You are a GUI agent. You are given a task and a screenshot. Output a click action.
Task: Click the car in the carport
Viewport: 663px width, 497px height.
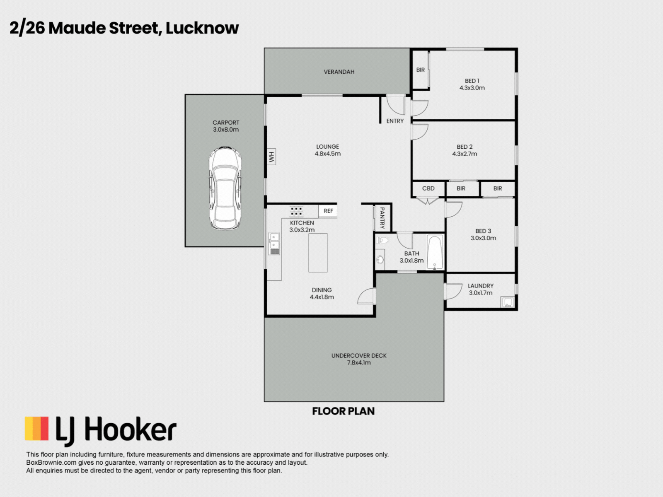click(225, 188)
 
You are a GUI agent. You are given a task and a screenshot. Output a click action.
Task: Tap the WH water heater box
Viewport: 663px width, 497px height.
click(271, 157)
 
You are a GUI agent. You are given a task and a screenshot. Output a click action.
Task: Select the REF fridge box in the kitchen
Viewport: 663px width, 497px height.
click(328, 211)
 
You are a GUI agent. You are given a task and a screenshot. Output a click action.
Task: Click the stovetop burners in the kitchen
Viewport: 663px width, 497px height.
click(296, 211)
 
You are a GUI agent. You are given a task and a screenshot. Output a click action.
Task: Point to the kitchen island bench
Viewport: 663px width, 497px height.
click(318, 253)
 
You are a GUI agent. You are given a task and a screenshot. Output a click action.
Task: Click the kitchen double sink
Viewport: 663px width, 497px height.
click(274, 244)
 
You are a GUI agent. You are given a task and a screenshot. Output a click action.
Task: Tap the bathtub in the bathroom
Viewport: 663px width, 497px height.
click(435, 252)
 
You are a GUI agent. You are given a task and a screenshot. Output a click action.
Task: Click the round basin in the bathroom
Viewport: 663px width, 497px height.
click(380, 259)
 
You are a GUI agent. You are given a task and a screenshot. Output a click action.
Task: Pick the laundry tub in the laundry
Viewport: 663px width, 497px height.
click(508, 302)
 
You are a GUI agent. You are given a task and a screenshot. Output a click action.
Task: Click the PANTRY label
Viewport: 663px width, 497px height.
click(382, 218)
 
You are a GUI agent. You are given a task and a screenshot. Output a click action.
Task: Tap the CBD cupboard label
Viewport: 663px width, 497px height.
click(428, 188)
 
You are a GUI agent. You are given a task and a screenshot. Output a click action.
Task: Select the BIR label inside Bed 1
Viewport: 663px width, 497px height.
click(421, 70)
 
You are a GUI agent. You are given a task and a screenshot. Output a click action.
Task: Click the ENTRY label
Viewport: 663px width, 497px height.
click(395, 121)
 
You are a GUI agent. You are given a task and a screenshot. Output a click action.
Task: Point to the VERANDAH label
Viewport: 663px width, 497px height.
click(339, 72)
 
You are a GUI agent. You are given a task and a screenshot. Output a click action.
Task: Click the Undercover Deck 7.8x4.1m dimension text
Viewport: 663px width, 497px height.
click(359, 362)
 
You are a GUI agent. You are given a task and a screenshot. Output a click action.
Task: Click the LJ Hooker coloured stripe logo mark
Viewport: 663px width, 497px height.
click(36, 429)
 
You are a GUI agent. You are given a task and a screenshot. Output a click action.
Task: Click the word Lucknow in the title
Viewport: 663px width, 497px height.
click(202, 28)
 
